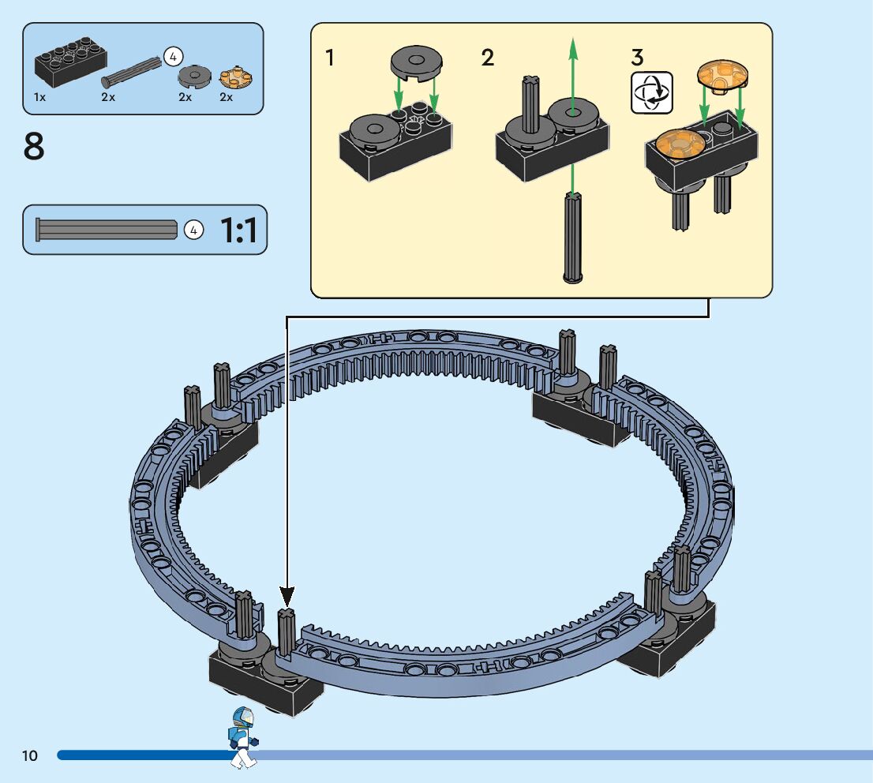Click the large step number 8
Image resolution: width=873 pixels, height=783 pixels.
[33, 147]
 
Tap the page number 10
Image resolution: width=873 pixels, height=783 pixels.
[29, 755]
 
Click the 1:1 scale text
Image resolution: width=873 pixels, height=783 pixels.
[239, 230]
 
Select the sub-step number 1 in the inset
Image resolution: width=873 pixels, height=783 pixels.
[330, 58]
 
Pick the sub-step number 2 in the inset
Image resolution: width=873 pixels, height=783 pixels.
[487, 58]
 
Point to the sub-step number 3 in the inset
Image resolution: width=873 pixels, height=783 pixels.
[638, 58]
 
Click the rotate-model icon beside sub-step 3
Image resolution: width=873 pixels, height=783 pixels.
[651, 92]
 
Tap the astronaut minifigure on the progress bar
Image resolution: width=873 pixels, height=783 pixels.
[243, 738]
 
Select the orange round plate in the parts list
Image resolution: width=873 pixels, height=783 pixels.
[235, 77]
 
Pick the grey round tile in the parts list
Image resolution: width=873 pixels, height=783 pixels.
[195, 76]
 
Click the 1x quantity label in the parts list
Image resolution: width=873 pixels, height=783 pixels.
[39, 97]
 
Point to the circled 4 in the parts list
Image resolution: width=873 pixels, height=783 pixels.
[173, 56]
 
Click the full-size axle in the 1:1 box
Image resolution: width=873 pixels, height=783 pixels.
[107, 230]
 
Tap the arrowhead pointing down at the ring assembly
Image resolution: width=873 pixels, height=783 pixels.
[287, 596]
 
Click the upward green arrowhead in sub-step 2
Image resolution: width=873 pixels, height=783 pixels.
[573, 48]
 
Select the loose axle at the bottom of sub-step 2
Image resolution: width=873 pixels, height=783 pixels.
[573, 238]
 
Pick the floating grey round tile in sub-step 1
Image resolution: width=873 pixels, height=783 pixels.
[416, 62]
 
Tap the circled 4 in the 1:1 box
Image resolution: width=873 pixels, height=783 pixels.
[193, 230]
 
